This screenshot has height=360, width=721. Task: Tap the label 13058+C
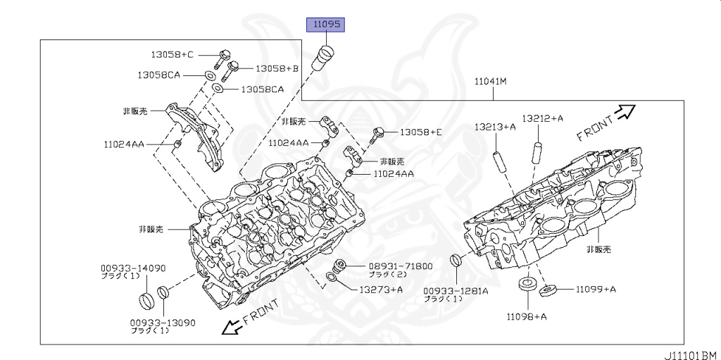click(173, 54)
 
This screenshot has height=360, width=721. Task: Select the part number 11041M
click(490, 82)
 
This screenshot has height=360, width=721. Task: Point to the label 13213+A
click(494, 127)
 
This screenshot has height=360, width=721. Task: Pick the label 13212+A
click(542, 118)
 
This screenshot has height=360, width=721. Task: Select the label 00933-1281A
click(456, 290)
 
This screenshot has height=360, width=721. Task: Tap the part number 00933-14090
click(132, 268)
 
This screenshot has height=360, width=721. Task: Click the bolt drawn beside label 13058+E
click(379, 132)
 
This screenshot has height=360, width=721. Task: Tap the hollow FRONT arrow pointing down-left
click(230, 326)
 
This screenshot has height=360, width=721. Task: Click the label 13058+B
click(277, 68)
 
